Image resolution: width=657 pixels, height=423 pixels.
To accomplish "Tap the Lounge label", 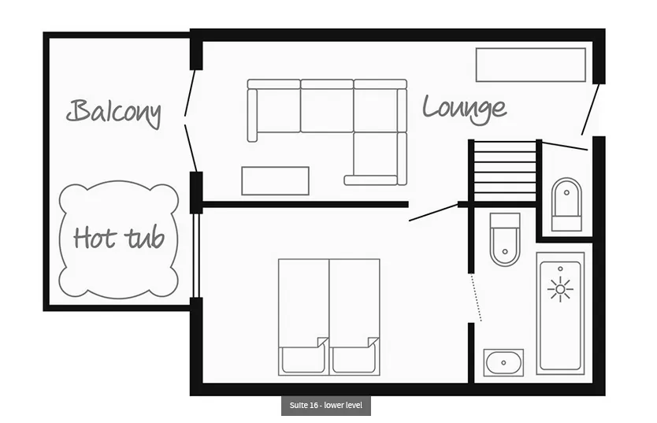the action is pos(464,109).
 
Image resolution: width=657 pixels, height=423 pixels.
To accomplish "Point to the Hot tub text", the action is pos(119,238).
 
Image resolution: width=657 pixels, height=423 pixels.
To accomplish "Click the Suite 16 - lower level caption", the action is pos(326,406).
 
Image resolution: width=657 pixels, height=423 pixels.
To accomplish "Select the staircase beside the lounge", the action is pos(504,173).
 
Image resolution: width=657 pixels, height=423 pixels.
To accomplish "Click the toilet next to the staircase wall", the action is pos(505,239).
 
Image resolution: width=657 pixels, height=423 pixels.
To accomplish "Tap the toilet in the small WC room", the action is pos(566,204).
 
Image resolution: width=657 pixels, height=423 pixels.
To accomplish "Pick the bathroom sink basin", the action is pos(503,362).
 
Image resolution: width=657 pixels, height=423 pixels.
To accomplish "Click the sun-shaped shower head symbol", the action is pos(560,289).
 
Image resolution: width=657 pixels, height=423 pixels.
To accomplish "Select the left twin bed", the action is pos(304,317).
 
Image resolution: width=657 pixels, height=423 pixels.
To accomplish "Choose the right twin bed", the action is pos(354,317).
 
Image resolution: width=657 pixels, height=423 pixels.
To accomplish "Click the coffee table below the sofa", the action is pos(275,181).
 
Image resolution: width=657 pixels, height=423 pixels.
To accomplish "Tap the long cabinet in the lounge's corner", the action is pos(530,65).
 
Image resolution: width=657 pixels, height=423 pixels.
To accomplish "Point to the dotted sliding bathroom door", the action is pos(476,297).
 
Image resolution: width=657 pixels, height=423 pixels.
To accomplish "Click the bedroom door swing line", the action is pos(433,213).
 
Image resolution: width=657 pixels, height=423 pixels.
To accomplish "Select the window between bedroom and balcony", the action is pos(195,256).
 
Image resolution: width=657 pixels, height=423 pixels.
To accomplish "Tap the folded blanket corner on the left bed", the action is pos(322,343).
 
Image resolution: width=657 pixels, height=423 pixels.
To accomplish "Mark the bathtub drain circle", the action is pos(560,269).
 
